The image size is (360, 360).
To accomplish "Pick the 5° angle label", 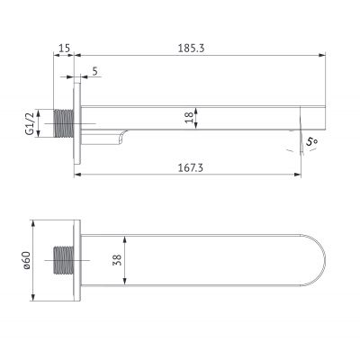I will [x=311, y=141].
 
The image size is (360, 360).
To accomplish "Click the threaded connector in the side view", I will [x=66, y=121].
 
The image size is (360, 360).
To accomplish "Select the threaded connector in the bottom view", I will [x=66, y=261].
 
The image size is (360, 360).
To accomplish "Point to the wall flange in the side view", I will [x=82, y=121].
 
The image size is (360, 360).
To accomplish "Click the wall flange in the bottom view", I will [x=82, y=261].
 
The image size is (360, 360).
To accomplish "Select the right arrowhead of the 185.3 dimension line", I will [x=319, y=56].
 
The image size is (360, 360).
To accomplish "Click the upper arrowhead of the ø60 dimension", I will [x=35, y=220].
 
